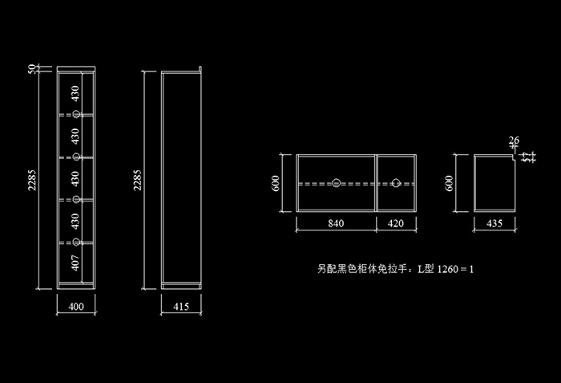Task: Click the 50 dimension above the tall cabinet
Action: pyautogui.click(x=32, y=70)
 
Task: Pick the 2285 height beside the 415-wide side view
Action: pyautogui.click(x=137, y=180)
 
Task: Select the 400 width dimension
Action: pyautogui.click(x=77, y=306)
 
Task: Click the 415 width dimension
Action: pyautogui.click(x=180, y=306)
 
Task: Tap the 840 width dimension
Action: pyautogui.click(x=336, y=224)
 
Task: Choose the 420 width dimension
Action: pyautogui.click(x=396, y=224)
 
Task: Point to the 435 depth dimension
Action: pyautogui.click(x=494, y=224)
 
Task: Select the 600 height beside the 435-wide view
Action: pyautogui.click(x=451, y=183)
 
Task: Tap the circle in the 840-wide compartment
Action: pyautogui.click(x=337, y=183)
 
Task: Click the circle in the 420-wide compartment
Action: pyautogui.click(x=396, y=183)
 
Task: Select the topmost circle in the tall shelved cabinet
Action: pyautogui.click(x=77, y=114)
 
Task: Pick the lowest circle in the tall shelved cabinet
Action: pyautogui.click(x=77, y=242)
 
